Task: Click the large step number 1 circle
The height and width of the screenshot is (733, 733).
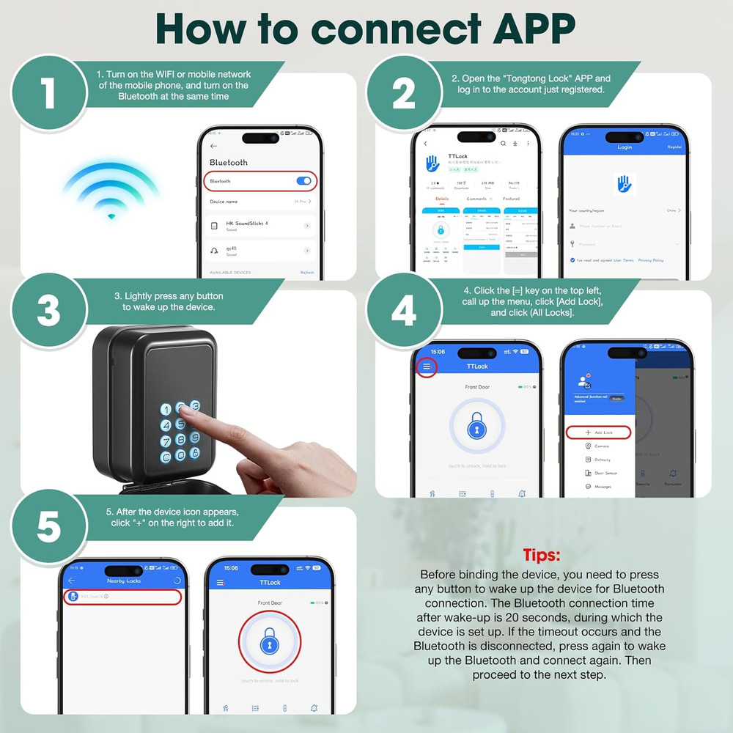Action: coord(48,93)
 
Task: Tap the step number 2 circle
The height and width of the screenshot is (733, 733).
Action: coord(403,93)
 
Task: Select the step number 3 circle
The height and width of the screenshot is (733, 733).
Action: coord(48,311)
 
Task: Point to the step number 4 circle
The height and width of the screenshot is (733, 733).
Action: coord(403,311)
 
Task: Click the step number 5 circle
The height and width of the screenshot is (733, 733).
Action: coord(48,527)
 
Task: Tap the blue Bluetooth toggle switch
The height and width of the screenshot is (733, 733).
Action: coord(303,181)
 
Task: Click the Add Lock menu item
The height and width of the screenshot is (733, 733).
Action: coord(599,432)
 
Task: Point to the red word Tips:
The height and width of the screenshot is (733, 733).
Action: coord(542,554)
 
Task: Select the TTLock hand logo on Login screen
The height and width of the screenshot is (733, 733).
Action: coord(625,184)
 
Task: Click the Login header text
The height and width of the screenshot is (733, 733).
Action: coord(625,147)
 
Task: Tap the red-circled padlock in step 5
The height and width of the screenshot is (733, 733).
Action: coord(270,642)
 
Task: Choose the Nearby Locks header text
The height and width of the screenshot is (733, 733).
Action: coord(123,581)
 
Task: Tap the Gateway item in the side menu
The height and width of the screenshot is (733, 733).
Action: coord(602,460)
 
